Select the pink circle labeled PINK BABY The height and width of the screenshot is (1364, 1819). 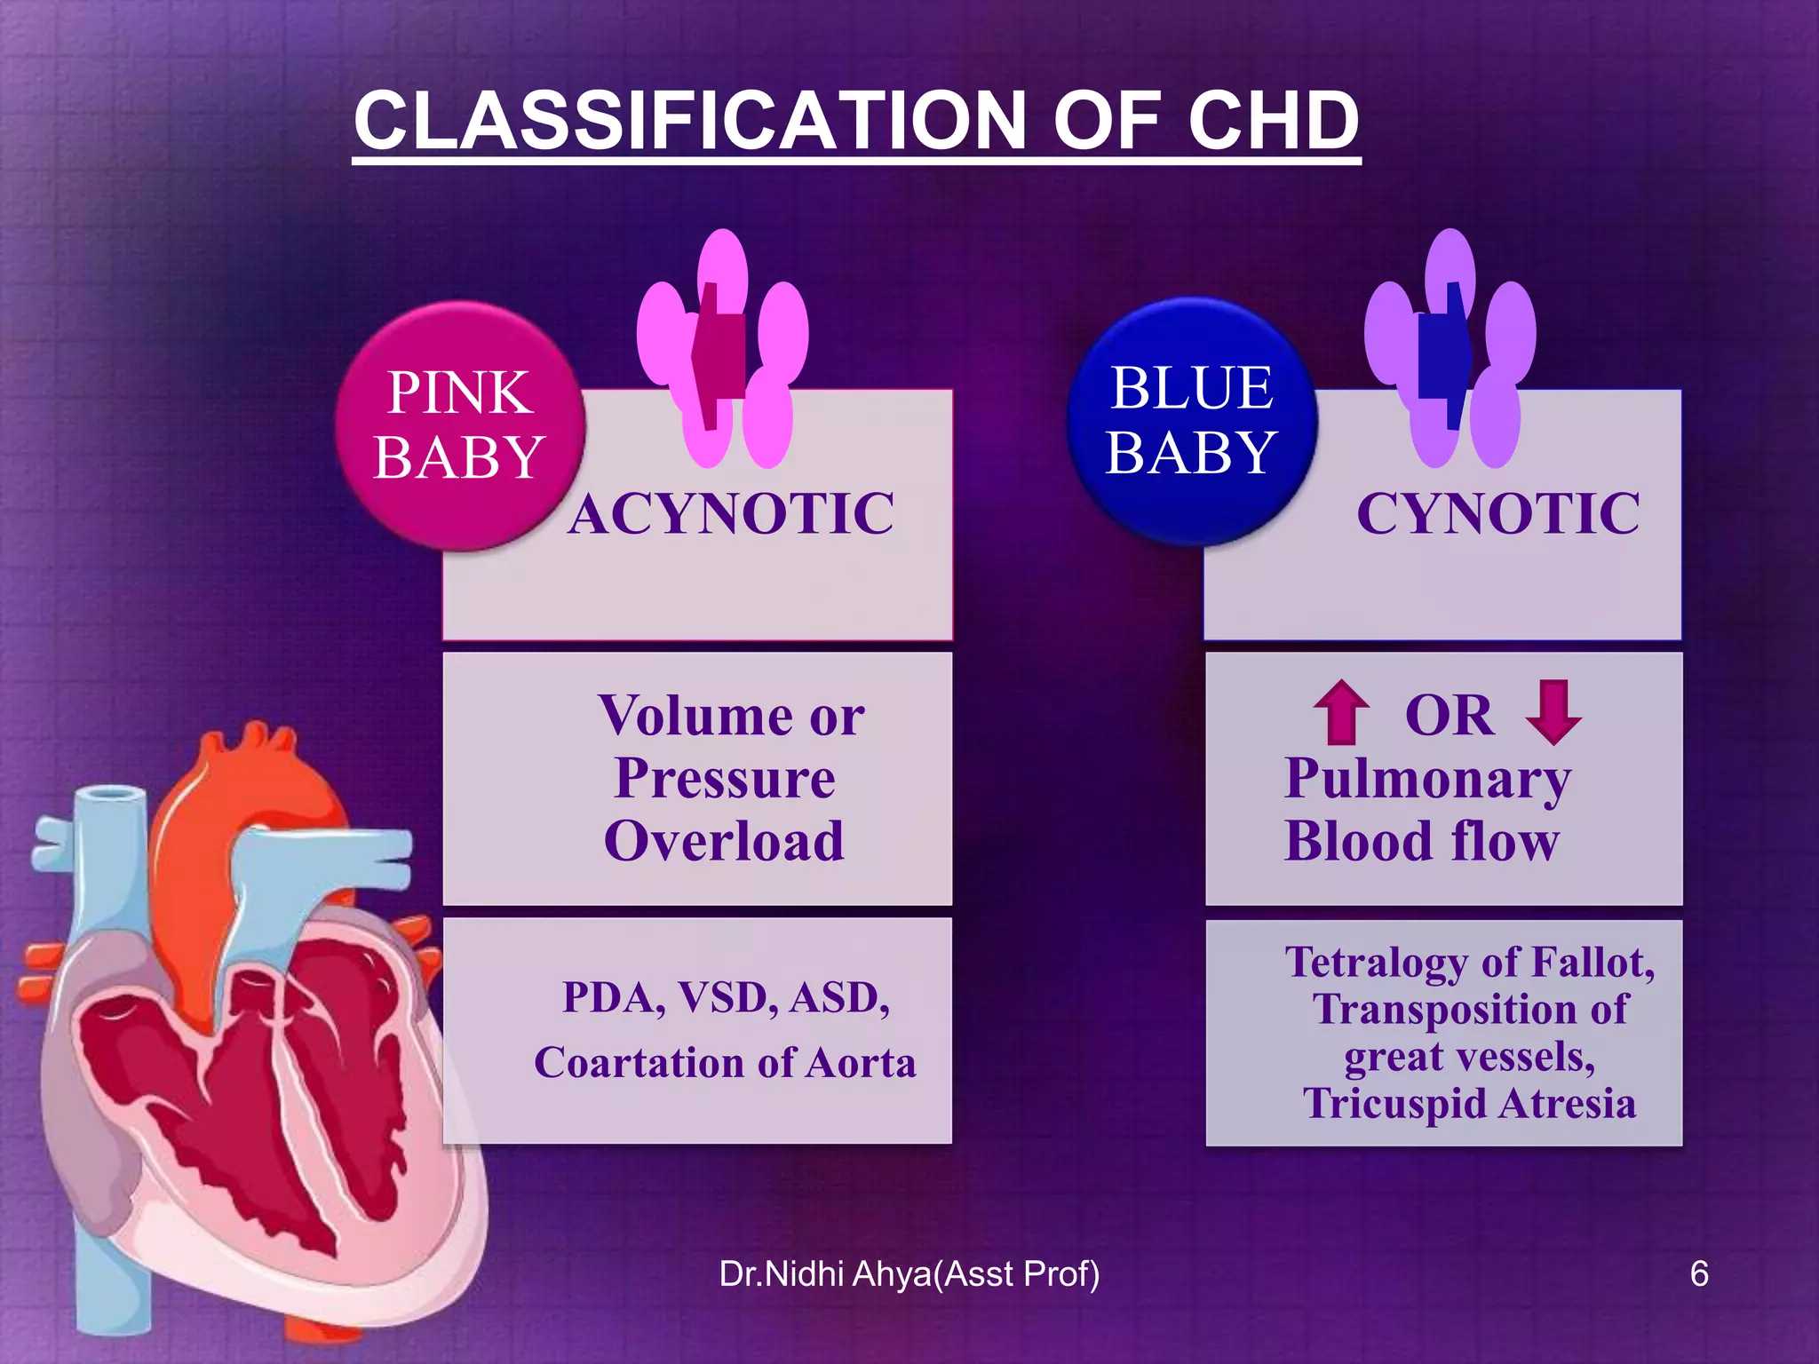pos(459,425)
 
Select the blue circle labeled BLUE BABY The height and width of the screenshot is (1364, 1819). pos(1191,421)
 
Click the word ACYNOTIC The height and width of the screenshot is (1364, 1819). pos(731,514)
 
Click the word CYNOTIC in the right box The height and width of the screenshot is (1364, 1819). pos(1497,514)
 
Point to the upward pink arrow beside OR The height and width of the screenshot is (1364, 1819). pos(1340,712)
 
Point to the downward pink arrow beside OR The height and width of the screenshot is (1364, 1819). pos(1553,712)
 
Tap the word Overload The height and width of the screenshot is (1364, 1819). pos(724,841)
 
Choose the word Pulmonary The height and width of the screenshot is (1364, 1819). pos(1427,779)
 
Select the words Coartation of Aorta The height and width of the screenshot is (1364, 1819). pos(725,1063)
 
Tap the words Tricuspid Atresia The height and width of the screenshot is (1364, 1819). pos(1469,1104)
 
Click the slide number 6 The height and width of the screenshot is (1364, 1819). pos(1698,1274)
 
